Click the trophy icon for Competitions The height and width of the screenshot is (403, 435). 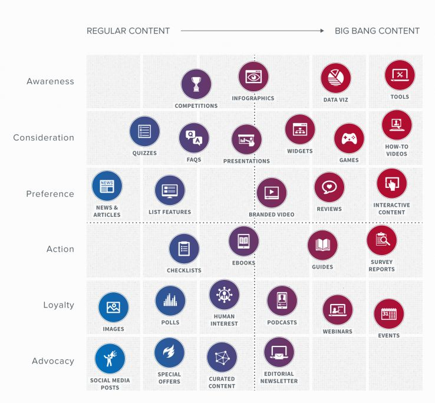pos(196,84)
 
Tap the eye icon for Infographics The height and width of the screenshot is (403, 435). pos(253,77)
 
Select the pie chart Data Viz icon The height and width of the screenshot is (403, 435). pos(336,78)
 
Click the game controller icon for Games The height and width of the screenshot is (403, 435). pos(349,139)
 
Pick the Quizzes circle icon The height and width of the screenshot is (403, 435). pos(144,131)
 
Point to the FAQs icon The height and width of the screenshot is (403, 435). pos(194,138)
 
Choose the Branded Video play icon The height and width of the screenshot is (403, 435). pos(272,193)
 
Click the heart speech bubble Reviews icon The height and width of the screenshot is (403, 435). pos(329,187)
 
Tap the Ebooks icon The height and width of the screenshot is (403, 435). pos(244,241)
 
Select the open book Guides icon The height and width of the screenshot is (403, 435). pos(322,245)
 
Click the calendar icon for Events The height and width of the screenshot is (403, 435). pos(389,314)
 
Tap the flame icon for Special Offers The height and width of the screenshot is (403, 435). pos(169,352)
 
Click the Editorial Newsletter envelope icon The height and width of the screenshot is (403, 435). pos(279,352)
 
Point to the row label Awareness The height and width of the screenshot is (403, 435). pos(50,81)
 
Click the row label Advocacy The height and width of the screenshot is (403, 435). pos(52,361)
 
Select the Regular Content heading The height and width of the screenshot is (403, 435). pos(128,31)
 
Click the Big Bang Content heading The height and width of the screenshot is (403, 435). pos(377,31)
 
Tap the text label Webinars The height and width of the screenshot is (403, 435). pos(338,332)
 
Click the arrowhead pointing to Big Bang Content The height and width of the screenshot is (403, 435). pos(322,31)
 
